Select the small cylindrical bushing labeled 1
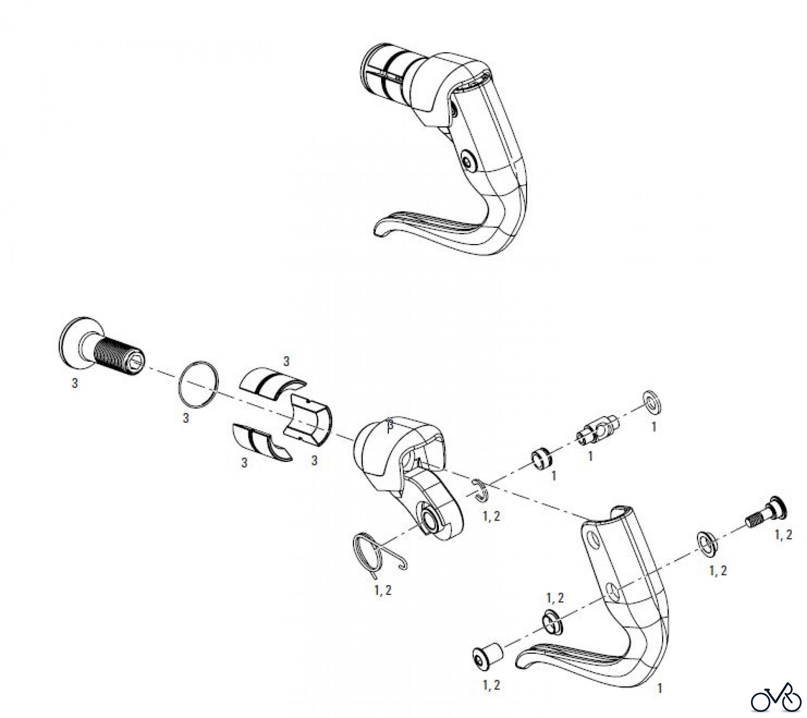[x=542, y=458]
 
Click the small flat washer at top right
[x=653, y=403]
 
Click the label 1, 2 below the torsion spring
[x=382, y=590]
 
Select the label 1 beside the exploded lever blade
[x=659, y=688]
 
